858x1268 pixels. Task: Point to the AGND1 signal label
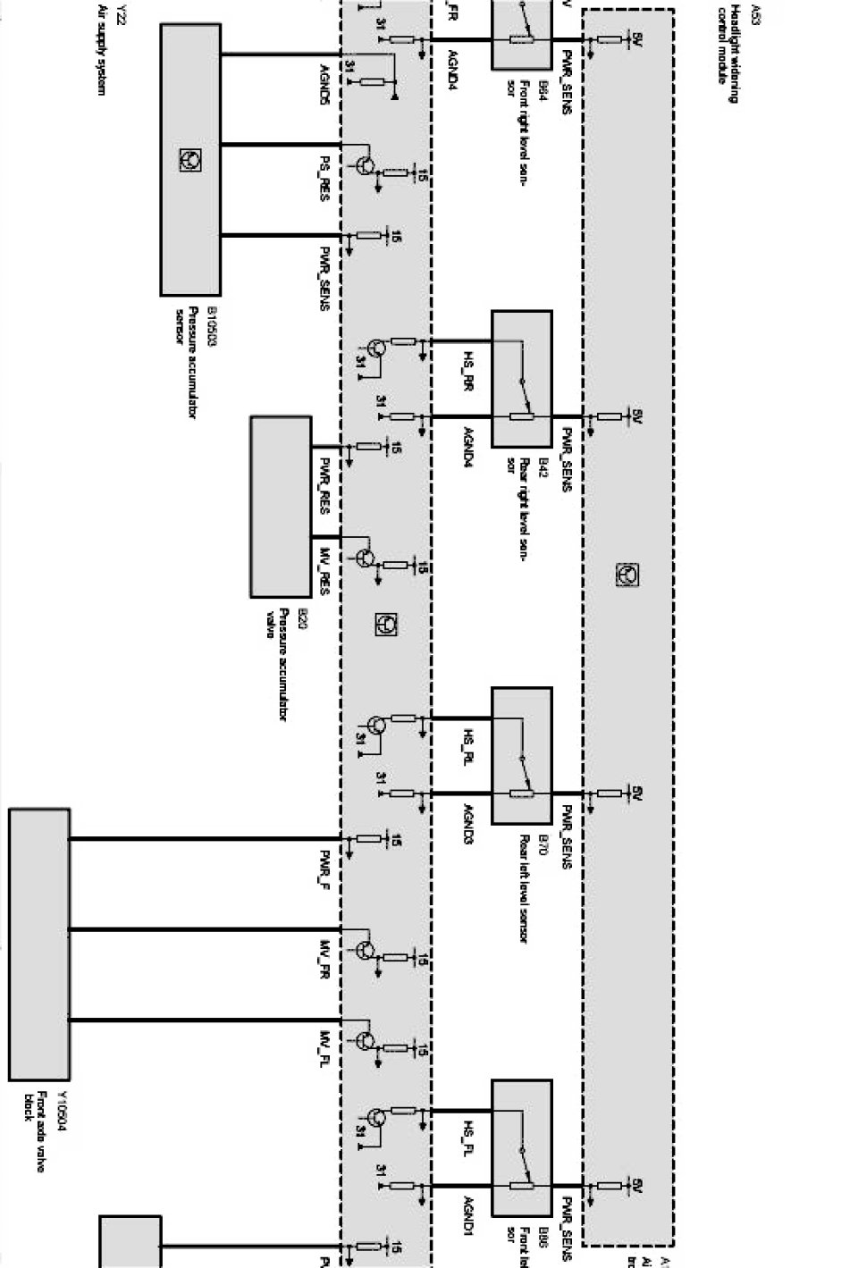(467, 1214)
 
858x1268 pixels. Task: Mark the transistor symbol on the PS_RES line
(366, 166)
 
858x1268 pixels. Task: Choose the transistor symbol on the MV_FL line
(366, 1040)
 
